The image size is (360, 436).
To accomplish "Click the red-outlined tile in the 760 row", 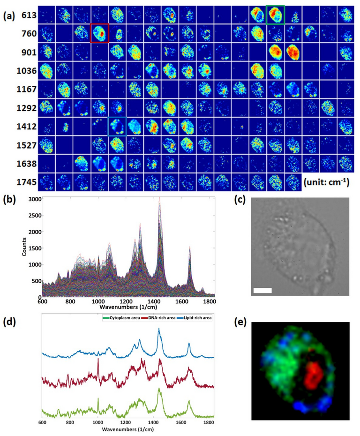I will coord(99,33).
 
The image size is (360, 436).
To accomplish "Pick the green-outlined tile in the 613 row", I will coord(275,15).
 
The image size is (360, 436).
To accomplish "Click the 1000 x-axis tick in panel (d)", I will coord(97,423).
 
